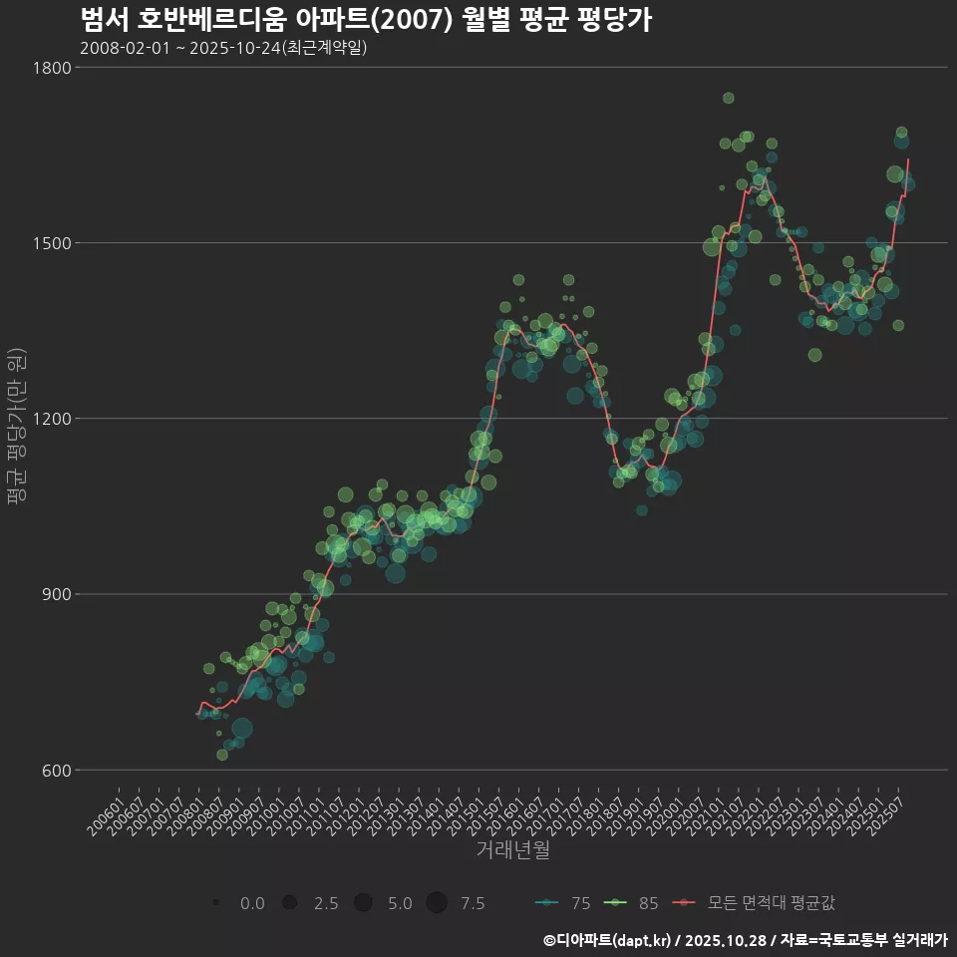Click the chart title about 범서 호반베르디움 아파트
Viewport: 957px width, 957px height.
tap(365, 20)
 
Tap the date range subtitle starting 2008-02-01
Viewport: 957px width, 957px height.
tap(223, 48)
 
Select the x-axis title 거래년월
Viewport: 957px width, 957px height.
tap(512, 850)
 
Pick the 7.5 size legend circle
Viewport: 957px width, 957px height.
tap(436, 903)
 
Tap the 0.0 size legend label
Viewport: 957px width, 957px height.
tap(252, 903)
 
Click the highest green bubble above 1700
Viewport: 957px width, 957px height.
tap(728, 98)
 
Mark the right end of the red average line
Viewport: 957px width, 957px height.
tap(908, 159)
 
